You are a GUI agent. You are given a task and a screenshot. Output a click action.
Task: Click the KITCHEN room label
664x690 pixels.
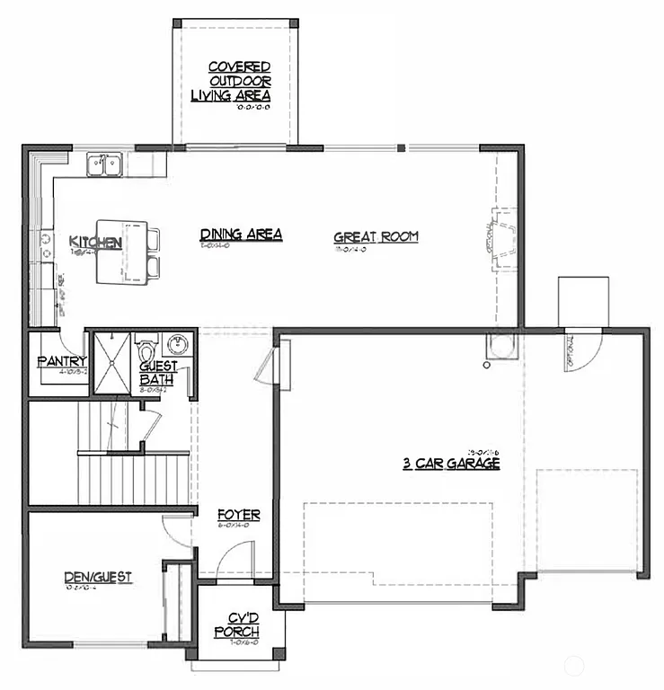point(95,242)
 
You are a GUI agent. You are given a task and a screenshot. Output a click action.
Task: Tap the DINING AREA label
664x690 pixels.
point(241,234)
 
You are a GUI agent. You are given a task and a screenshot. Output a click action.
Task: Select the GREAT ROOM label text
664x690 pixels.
point(376,237)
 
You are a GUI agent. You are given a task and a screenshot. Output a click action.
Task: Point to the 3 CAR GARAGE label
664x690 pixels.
point(450,464)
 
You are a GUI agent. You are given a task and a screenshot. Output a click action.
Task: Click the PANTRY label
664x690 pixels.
point(60,361)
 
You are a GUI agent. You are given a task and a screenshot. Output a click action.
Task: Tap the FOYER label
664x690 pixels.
point(239,515)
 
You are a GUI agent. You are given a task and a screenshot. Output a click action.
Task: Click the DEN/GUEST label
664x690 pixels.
point(98,577)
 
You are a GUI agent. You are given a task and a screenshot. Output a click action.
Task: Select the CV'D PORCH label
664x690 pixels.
point(237,625)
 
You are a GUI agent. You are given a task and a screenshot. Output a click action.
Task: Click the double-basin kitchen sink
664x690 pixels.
point(105,164)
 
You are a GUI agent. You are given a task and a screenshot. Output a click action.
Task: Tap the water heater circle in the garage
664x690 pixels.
point(485,366)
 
